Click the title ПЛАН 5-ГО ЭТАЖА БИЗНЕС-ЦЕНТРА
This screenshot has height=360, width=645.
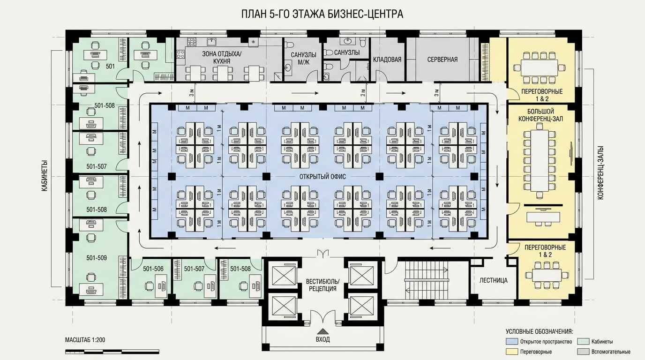pyautogui.click(x=322, y=14)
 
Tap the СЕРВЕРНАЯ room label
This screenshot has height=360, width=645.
pyautogui.click(x=442, y=60)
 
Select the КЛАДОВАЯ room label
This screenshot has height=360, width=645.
pyautogui.click(x=387, y=60)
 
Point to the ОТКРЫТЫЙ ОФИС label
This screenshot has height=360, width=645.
pyautogui.click(x=322, y=177)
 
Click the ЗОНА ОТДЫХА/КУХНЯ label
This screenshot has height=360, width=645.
pyautogui.click(x=222, y=57)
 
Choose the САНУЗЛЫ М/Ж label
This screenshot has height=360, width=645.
pyautogui.click(x=303, y=58)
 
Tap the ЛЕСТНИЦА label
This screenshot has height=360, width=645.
pyautogui.click(x=493, y=280)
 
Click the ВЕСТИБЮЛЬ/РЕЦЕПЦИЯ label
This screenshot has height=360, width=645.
pyautogui.click(x=322, y=285)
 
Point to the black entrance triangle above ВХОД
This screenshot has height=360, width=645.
pyautogui.click(x=322, y=331)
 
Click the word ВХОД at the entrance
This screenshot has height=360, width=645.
pyautogui.click(x=322, y=339)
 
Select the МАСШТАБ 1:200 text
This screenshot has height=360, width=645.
pyautogui.click(x=85, y=340)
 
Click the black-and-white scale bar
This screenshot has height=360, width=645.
pyautogui.click(x=112, y=352)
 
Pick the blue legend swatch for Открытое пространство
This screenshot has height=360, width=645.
pyautogui.click(x=512, y=342)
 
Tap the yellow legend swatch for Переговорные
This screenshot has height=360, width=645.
pyautogui.click(x=512, y=352)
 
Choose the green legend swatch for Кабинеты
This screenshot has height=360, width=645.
pyautogui.click(x=583, y=342)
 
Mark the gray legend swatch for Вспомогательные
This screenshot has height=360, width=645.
pyautogui.click(x=583, y=352)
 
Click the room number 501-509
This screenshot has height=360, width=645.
pyautogui.click(x=97, y=258)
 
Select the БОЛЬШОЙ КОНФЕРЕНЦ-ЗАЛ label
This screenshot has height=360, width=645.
pyautogui.click(x=540, y=115)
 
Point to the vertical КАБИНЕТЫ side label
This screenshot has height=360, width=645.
pyautogui.click(x=45, y=176)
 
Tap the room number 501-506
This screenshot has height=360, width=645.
pyautogui.click(x=153, y=269)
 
